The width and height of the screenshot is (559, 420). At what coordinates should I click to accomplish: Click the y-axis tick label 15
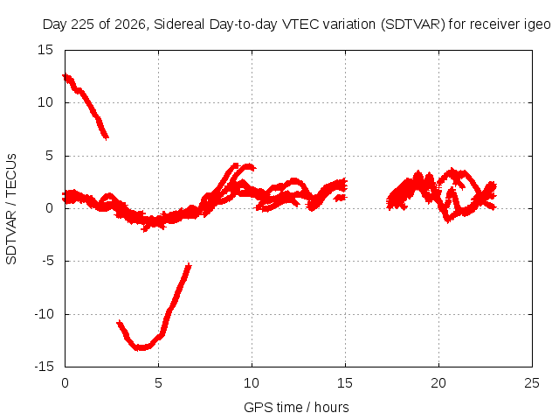click(x=45, y=50)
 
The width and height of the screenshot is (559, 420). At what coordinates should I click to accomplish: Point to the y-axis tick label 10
click(x=45, y=103)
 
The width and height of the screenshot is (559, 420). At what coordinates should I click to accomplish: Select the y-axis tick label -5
click(x=48, y=261)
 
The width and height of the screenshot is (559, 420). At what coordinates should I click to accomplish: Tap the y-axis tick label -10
click(x=45, y=314)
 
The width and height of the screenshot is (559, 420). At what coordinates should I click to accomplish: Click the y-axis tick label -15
click(x=45, y=367)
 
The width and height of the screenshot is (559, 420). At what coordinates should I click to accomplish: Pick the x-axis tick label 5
click(x=158, y=383)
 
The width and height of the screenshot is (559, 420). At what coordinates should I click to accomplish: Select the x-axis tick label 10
click(x=252, y=383)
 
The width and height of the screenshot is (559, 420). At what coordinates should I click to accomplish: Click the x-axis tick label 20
click(x=438, y=383)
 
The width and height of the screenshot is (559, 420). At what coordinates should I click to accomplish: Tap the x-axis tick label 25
click(x=532, y=383)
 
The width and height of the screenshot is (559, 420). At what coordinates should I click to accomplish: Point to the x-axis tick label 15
click(x=345, y=383)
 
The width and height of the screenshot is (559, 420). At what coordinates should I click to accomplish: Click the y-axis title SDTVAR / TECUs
click(x=11, y=209)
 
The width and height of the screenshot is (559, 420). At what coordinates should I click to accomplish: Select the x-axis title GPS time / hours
click(x=296, y=407)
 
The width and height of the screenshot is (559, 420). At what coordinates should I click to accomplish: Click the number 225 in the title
click(x=84, y=24)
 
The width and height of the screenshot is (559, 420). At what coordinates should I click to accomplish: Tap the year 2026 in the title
click(x=130, y=24)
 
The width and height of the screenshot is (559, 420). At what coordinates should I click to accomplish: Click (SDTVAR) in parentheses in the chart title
click(x=413, y=24)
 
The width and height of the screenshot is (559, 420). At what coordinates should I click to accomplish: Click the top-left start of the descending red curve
click(x=64, y=75)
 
